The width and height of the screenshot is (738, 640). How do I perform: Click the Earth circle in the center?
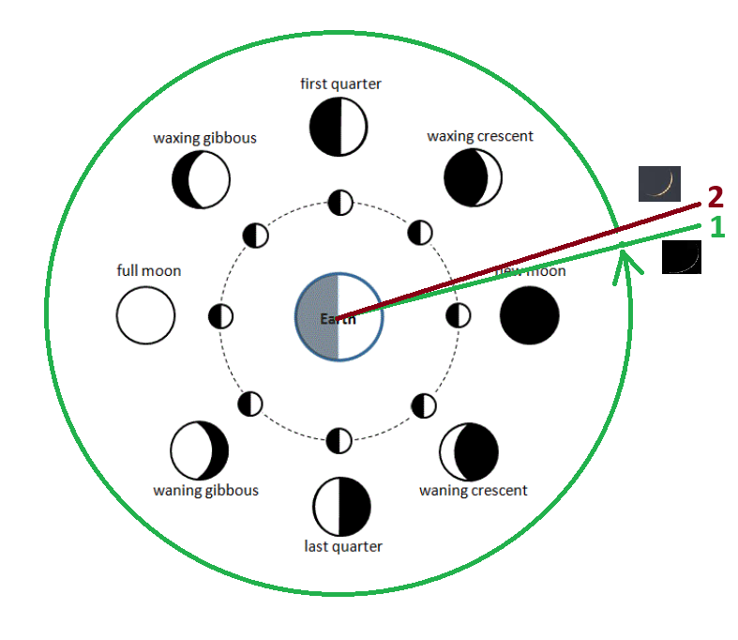point(339,317)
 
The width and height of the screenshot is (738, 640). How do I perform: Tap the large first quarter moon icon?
point(339,127)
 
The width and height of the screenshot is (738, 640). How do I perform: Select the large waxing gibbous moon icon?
point(201,179)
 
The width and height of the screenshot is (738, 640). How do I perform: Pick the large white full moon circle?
point(145,315)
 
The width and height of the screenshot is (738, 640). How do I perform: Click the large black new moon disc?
point(529,316)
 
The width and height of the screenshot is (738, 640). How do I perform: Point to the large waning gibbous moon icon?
point(200,450)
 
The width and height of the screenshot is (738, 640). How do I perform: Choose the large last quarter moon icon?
point(342,506)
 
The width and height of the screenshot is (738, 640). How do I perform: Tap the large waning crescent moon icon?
point(470,451)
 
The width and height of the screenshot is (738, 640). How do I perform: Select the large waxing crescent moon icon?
point(473,177)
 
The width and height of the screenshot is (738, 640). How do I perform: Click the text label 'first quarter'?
point(340,84)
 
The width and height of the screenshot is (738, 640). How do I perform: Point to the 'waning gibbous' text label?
point(205,490)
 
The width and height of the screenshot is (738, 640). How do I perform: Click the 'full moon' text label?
point(149,270)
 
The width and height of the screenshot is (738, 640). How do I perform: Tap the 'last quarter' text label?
point(343,546)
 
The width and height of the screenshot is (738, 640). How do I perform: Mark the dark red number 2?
point(715,197)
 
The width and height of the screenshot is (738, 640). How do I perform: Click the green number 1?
point(716,227)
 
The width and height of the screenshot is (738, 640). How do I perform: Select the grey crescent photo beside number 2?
point(658,184)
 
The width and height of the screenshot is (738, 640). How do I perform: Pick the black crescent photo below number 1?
point(681,257)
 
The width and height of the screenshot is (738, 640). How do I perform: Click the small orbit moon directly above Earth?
point(339,201)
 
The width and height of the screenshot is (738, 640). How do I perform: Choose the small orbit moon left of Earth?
point(220,317)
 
